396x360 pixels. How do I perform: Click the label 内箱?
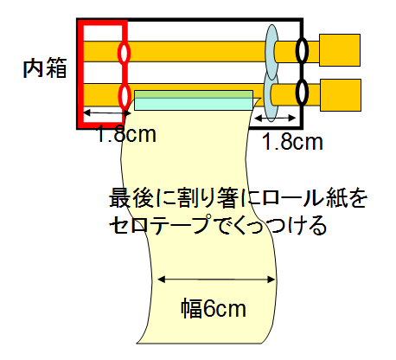click(45, 68)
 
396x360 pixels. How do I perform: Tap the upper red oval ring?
click(125, 43)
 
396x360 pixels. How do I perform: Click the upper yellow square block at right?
click(340, 50)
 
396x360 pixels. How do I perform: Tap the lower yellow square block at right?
click(341, 95)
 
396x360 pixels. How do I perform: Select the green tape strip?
click(194, 94)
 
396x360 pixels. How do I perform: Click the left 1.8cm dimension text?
click(125, 134)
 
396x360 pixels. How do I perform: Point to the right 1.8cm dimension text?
click(292, 142)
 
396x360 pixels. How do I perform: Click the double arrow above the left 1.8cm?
click(106, 112)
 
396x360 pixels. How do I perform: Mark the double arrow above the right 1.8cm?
click(275, 118)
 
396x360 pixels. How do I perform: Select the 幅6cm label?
click(214, 308)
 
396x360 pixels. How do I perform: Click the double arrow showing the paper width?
click(217, 280)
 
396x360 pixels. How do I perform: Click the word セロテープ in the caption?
click(160, 224)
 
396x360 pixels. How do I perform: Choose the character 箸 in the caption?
click(227, 198)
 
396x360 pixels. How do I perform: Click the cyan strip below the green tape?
click(194, 104)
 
